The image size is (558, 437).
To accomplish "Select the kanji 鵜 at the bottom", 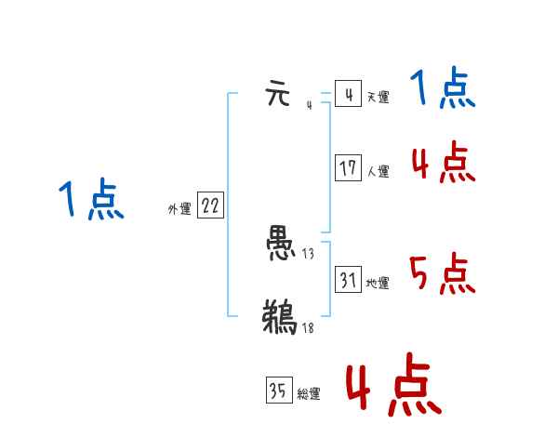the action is click(x=280, y=316).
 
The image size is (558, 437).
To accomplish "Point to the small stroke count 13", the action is click(x=309, y=254).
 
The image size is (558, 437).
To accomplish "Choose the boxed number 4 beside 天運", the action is click(x=348, y=96).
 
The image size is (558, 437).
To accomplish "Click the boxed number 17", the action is click(x=348, y=167).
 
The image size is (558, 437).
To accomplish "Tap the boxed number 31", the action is click(x=348, y=279).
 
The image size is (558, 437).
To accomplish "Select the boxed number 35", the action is click(x=277, y=391).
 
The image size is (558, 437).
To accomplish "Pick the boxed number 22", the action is click(x=210, y=206).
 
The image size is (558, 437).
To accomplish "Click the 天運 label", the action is click(x=378, y=98).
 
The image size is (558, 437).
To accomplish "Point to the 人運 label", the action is click(x=378, y=171).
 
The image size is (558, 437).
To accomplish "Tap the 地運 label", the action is click(x=378, y=283).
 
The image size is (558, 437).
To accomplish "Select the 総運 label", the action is click(x=308, y=394).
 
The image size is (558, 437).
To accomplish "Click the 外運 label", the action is click(x=179, y=209).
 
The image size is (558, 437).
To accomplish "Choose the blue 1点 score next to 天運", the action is click(x=442, y=90).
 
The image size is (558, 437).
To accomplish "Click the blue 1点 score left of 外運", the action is click(x=91, y=201).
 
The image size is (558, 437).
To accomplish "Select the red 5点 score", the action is click(x=442, y=274).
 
